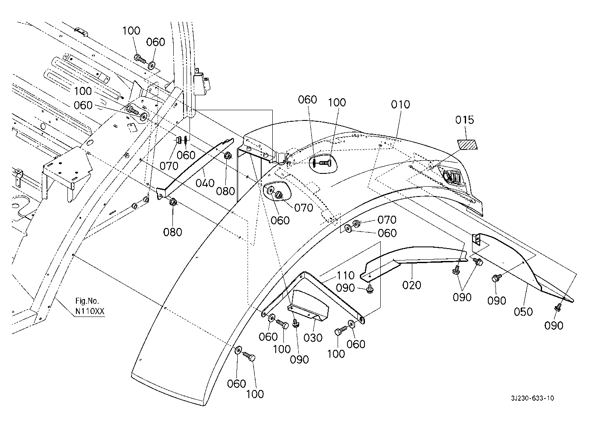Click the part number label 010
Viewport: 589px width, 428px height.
[x=400, y=105]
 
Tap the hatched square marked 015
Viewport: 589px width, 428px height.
[x=467, y=143]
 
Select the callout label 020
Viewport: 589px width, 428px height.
[x=411, y=285]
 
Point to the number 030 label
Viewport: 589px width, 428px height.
[x=313, y=338]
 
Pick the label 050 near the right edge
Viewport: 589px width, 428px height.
[x=523, y=312]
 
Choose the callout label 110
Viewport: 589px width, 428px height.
[x=345, y=276]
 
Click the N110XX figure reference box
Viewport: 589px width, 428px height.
[x=90, y=311]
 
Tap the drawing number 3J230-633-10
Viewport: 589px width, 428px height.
[x=533, y=398]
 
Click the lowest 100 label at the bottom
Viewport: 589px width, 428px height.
[x=255, y=394]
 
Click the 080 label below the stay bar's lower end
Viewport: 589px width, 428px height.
[x=172, y=232]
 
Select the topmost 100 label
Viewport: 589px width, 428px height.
[x=131, y=31]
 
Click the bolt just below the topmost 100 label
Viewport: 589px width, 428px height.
[x=140, y=59]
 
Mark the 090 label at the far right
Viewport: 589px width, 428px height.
[x=554, y=325]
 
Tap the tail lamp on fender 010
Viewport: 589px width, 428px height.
[x=452, y=176]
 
